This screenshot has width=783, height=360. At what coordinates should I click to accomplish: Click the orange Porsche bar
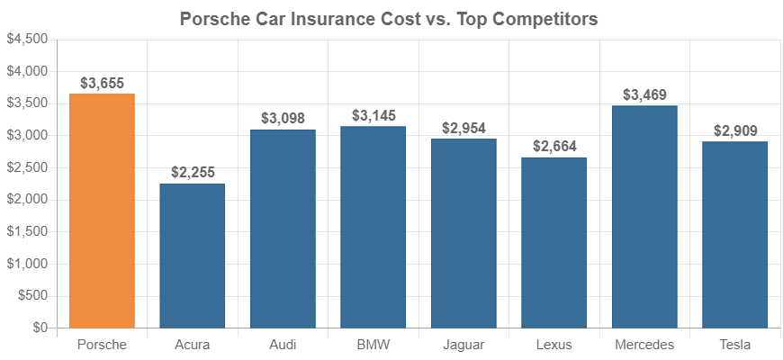pos(102,211)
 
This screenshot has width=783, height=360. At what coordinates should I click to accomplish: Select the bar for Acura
pos(192,256)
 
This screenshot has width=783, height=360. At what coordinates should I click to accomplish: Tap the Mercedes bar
pos(644,217)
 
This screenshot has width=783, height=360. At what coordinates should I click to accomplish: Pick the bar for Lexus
pos(553,243)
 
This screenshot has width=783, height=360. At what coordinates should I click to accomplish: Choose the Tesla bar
pos(734,235)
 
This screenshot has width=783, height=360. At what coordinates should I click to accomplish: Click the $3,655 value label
pos(102,83)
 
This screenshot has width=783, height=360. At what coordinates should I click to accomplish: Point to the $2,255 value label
pos(192,173)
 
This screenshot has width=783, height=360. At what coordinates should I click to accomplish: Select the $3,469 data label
pos(644,94)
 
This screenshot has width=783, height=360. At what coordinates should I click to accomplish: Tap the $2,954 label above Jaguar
pos(463,128)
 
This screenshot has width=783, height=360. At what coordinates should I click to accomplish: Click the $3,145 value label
pos(373,115)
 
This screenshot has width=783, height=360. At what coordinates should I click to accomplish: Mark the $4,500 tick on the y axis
pos(26,40)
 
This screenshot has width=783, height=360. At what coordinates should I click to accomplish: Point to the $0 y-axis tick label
pos(39,328)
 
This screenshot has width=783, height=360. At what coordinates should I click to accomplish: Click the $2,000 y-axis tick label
pos(26,200)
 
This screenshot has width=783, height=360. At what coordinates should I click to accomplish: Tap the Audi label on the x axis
pos(283,345)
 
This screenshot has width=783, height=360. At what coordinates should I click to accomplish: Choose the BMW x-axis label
pos(373,345)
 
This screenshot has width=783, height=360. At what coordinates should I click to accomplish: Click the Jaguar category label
pos(463,345)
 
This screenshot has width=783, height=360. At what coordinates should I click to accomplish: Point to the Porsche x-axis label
pos(102,345)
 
